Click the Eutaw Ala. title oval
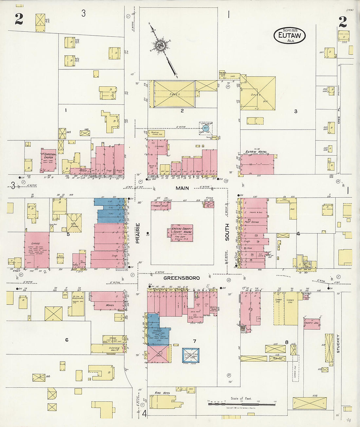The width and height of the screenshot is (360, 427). point(290,36)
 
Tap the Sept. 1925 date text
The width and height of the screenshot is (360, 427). point(290,30)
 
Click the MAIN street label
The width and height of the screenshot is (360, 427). point(182,188)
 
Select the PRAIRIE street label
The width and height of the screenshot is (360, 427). point(138,233)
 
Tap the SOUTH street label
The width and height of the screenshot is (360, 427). point(227,232)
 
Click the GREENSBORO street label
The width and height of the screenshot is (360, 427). point(182,278)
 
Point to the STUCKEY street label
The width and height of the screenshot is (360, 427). point(338,344)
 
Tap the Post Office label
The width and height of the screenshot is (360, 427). point(252,222)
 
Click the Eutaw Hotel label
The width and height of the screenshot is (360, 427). point(256,152)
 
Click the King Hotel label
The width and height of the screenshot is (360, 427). point(163,393)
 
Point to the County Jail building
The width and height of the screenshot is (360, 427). point(311,323)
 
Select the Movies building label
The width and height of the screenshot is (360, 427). point(110,305)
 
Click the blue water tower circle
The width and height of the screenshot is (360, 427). point(206,128)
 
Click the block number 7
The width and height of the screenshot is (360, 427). point(194,341)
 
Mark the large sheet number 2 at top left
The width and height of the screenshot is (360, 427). point(19,20)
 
